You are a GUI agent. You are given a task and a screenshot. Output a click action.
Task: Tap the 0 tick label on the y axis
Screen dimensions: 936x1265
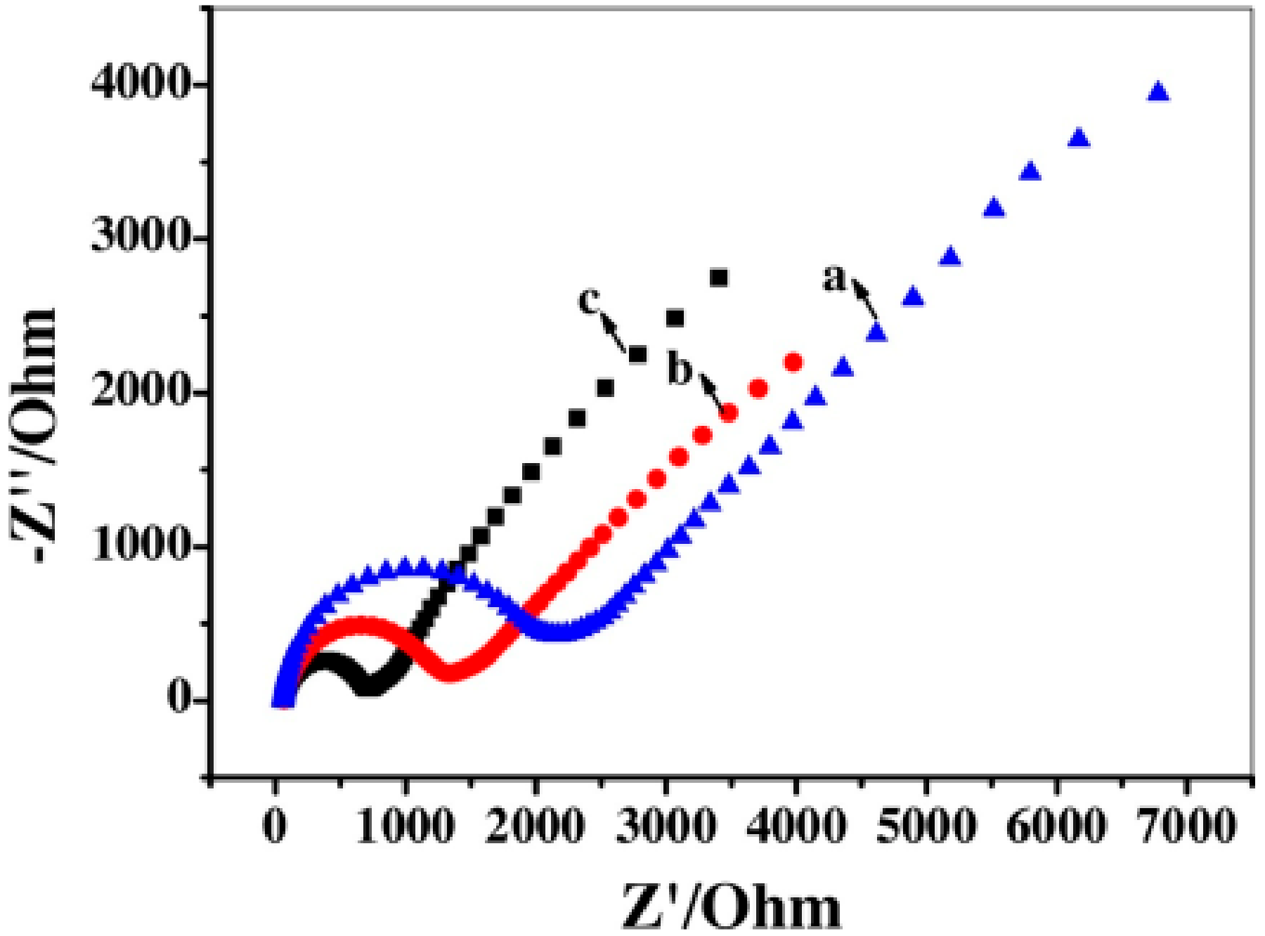pyautogui.click(x=179, y=699)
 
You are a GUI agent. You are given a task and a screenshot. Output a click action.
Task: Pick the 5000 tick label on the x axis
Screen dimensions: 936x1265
pyautogui.click(x=926, y=825)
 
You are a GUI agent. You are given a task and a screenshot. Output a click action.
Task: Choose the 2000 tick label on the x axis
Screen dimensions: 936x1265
pyautogui.click(x=535, y=825)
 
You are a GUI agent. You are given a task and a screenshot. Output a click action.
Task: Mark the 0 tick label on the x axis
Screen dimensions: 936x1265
pyautogui.click(x=275, y=825)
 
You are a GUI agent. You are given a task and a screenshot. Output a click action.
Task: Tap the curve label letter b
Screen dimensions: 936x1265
pyautogui.click(x=679, y=370)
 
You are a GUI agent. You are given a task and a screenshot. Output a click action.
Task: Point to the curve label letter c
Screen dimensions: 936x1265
pyautogui.click(x=589, y=300)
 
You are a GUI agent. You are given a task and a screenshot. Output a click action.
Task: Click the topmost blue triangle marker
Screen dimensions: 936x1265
pyautogui.click(x=1157, y=92)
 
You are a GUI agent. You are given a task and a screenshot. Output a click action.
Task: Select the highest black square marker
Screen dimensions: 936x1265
pyautogui.click(x=718, y=278)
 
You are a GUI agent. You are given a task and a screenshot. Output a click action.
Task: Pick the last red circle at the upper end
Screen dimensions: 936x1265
pyautogui.click(x=793, y=363)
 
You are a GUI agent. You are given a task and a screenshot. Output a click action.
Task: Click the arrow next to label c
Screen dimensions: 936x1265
pyautogui.click(x=614, y=333)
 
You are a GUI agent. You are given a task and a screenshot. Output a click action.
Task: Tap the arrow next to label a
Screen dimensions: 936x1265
pyautogui.click(x=864, y=299)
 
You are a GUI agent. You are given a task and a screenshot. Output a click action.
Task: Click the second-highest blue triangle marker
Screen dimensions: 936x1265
pyautogui.click(x=1079, y=138)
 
